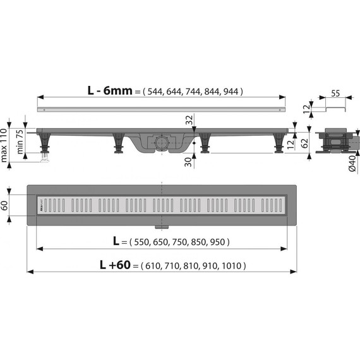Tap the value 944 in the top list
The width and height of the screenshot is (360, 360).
coord(231,91)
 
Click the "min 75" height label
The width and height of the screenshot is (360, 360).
coord(20,142)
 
